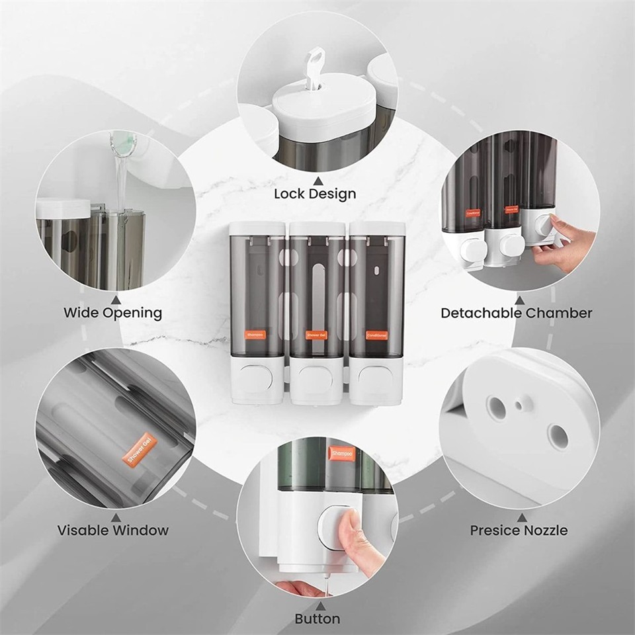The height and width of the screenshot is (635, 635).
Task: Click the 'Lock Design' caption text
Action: (x=315, y=194)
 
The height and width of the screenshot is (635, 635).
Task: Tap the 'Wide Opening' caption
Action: (x=112, y=313)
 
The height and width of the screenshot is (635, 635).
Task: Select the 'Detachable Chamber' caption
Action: (x=517, y=313)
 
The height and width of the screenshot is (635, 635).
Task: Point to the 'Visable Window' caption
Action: (x=112, y=530)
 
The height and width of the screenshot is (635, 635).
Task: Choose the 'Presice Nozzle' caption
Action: (x=519, y=530)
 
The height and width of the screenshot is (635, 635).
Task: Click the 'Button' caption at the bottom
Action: (x=317, y=619)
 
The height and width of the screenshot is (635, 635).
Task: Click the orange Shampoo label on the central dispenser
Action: (x=256, y=335)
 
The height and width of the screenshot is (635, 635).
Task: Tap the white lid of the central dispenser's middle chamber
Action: (x=317, y=228)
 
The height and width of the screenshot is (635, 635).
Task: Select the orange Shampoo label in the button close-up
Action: (x=343, y=454)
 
